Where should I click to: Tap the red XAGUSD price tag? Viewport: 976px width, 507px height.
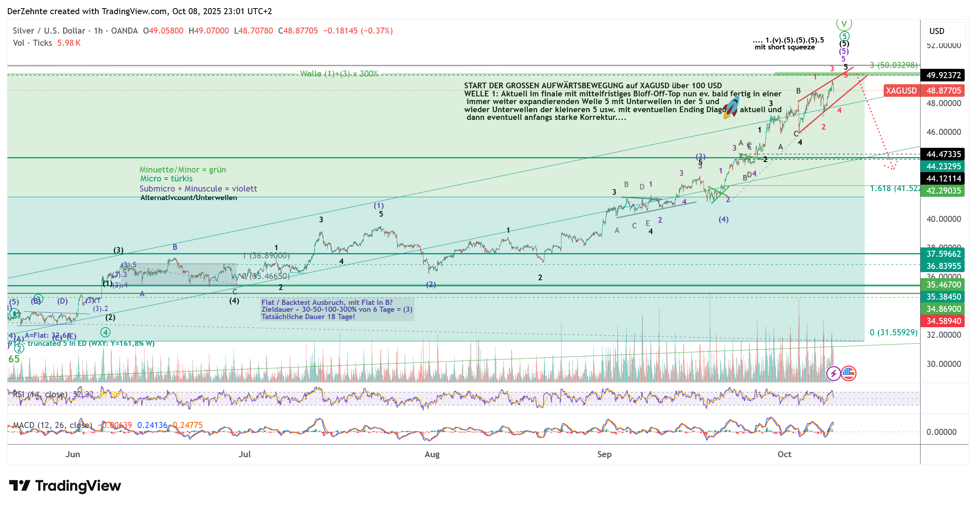901,90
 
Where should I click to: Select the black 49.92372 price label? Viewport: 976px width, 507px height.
943,75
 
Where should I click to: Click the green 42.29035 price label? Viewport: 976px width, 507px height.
943,191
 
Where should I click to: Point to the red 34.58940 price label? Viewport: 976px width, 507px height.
943,321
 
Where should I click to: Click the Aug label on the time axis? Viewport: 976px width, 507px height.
432,454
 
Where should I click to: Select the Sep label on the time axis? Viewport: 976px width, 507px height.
604,454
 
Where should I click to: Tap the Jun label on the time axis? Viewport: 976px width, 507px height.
73,454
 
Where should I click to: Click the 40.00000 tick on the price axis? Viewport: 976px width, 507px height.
943,219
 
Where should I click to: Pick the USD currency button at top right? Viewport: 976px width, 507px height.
937,31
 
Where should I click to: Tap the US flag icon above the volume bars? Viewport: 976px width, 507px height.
848,373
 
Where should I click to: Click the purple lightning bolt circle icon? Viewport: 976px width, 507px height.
833,373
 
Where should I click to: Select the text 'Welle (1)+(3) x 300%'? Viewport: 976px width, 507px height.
339,74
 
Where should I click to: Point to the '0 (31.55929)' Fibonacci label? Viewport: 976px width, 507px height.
893,332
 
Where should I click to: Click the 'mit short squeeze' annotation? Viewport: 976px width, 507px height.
785,47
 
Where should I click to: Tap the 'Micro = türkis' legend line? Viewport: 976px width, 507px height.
166,179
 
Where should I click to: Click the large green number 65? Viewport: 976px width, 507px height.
14,359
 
